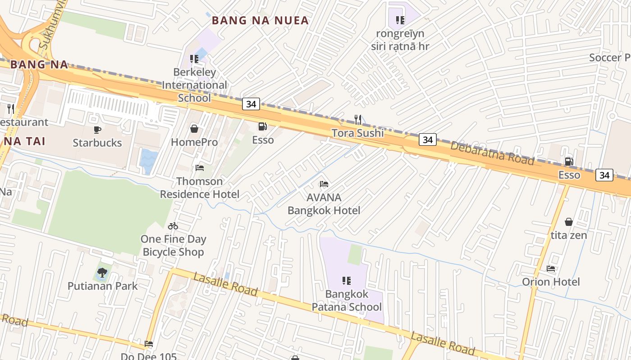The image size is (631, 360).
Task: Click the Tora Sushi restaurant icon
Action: click(357, 120)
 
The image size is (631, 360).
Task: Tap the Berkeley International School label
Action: click(194, 85)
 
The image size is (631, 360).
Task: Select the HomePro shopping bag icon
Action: click(194, 129)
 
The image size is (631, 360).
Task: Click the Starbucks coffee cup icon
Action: click(97, 130)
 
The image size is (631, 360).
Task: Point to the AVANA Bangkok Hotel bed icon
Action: click(324, 184)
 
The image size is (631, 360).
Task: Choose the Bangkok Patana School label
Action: click(347, 301)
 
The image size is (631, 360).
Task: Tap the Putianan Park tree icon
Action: click(102, 272)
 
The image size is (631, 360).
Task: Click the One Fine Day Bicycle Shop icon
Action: click(173, 226)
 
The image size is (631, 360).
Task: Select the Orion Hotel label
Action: click(551, 282)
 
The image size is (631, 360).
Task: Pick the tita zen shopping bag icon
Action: click(569, 222)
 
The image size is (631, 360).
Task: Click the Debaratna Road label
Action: click(492, 153)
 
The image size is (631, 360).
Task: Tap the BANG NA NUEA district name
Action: click(260, 20)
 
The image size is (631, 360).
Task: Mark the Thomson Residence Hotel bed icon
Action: click(200, 168)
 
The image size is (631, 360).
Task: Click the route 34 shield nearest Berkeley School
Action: click(251, 104)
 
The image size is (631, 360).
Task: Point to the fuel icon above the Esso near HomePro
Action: click(262, 127)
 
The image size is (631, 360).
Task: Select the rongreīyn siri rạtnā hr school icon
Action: click(400, 20)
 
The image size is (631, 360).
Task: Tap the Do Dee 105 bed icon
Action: click(149, 344)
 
